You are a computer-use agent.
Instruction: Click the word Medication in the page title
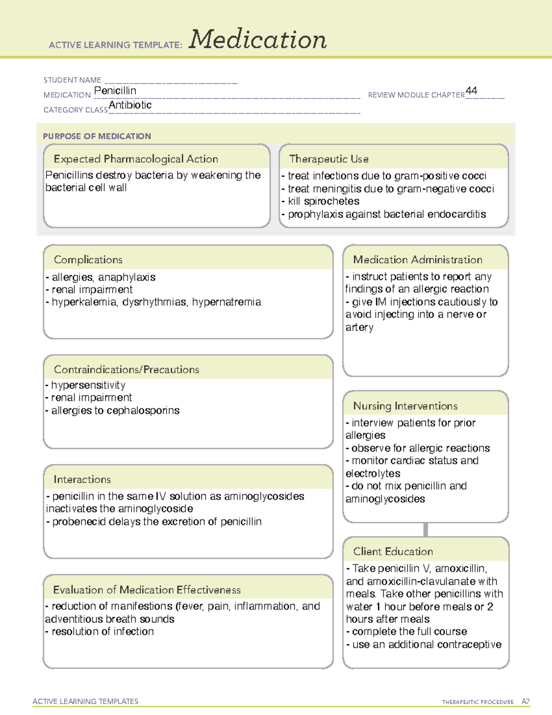[x=258, y=40]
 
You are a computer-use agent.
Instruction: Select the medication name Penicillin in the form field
[x=115, y=91]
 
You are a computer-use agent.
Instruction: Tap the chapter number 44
[x=471, y=91]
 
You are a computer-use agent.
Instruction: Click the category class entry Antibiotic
[x=130, y=105]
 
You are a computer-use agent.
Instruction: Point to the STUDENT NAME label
[x=72, y=80]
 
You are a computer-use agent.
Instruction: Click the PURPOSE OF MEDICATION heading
[x=97, y=136]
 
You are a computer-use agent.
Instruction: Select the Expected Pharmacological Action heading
[x=136, y=159]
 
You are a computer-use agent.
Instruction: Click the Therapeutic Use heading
[x=329, y=159]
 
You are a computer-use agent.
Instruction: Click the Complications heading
[x=88, y=260]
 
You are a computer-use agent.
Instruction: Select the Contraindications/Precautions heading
[x=126, y=369]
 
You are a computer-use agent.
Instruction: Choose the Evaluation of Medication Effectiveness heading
[x=147, y=590]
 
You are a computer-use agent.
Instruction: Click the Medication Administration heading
[x=418, y=260]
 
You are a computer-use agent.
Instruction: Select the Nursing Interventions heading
[x=405, y=406]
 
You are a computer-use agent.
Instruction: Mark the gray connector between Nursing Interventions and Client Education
[x=425, y=529]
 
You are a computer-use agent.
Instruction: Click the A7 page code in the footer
[x=525, y=702]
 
